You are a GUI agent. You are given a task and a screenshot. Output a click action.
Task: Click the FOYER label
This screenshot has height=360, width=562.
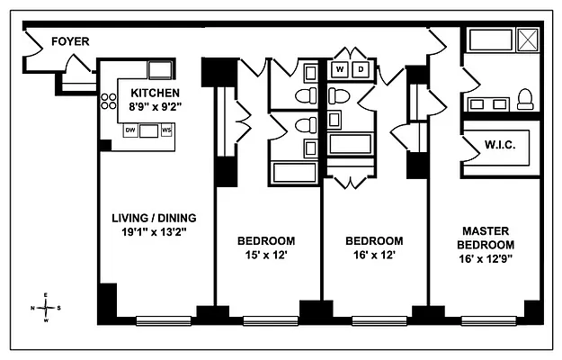[x=69, y=41]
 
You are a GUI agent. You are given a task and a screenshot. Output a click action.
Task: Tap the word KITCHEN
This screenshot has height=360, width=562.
[x=155, y=93]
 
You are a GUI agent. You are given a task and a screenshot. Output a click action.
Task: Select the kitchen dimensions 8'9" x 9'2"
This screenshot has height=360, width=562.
[x=155, y=106]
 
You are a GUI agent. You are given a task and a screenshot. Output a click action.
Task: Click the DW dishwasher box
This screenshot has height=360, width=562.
[x=130, y=130]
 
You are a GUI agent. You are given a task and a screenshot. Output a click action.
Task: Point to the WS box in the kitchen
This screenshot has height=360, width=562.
[x=166, y=130]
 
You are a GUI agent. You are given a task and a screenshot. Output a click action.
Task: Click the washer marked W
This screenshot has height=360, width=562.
[x=341, y=69]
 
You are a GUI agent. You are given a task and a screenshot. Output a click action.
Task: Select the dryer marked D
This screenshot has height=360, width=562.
[x=361, y=69]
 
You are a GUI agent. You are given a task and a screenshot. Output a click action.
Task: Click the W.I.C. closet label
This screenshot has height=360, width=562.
[x=499, y=145]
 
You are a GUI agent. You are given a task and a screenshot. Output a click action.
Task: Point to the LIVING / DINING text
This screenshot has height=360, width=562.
[x=154, y=218]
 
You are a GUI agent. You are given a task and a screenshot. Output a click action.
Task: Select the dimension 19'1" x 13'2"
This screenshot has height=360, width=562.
[x=154, y=231]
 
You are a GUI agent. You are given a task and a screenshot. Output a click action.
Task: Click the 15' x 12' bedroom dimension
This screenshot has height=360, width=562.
[x=265, y=255]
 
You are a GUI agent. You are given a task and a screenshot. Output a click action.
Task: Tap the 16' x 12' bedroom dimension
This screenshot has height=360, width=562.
[x=374, y=255]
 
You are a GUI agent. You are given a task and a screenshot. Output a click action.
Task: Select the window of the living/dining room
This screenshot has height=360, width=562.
[x=163, y=319]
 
